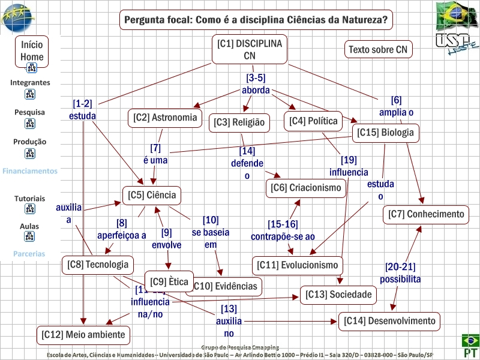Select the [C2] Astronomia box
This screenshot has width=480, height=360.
point(165,118)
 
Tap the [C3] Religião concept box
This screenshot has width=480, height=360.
point(239,123)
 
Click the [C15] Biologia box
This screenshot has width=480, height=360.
point(385,133)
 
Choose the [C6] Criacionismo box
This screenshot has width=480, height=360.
point(306,188)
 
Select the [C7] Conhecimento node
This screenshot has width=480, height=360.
point(426,214)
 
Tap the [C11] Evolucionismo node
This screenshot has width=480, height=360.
point(297,265)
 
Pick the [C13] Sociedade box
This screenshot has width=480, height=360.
point(338,295)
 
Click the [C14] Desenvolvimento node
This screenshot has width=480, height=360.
point(389,321)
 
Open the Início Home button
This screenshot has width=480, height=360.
point(32,50)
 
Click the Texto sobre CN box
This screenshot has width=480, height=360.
point(379,49)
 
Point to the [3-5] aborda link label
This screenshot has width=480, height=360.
point(256,84)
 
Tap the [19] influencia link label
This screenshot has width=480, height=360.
point(348,166)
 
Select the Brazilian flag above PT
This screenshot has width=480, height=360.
point(470,341)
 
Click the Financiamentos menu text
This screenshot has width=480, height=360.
point(30,171)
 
